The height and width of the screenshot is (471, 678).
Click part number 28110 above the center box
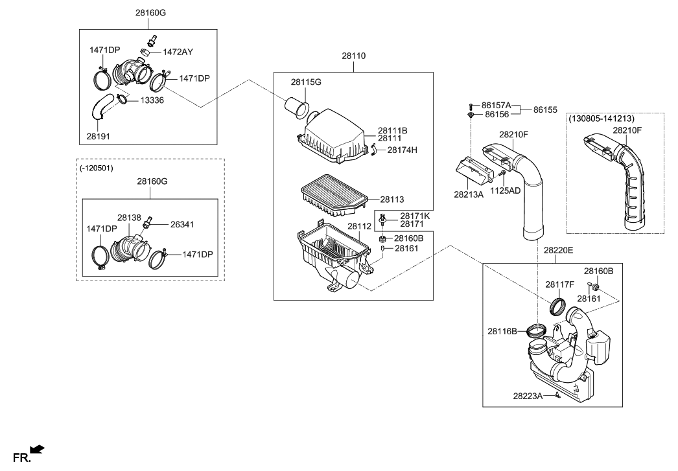[354, 56]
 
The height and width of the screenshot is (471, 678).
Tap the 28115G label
[306, 82]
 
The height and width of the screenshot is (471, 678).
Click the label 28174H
[402, 150]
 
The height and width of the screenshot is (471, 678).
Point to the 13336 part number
[153, 100]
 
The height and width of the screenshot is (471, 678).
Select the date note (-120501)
[97, 168]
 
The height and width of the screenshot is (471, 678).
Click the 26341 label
[182, 224]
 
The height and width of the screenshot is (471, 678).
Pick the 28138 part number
[129, 218]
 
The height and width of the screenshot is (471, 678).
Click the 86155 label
[545, 110]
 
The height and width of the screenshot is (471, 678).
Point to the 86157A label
[497, 105]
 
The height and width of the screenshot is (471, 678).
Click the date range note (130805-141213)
[602, 119]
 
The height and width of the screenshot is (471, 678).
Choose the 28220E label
[558, 249]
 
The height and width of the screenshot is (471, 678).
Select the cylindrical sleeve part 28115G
[298, 106]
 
